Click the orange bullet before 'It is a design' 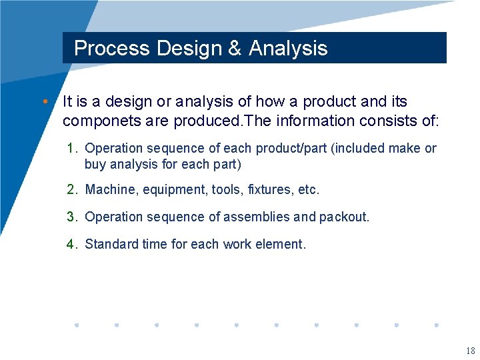[44, 102]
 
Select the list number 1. [71, 148]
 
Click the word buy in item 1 [95, 164]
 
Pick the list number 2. [71, 190]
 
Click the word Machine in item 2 [109, 190]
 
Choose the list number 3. [71, 217]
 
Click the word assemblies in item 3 [257, 217]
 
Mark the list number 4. [71, 245]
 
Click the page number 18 [471, 351]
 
